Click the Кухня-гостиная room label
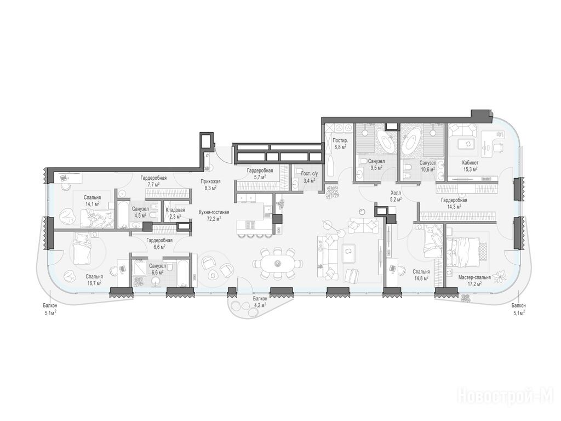(x=214, y=212)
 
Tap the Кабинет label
(x=470, y=162)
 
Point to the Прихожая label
(x=210, y=181)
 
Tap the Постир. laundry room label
(x=339, y=140)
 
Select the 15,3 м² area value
(x=470, y=168)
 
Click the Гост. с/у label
(x=310, y=174)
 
